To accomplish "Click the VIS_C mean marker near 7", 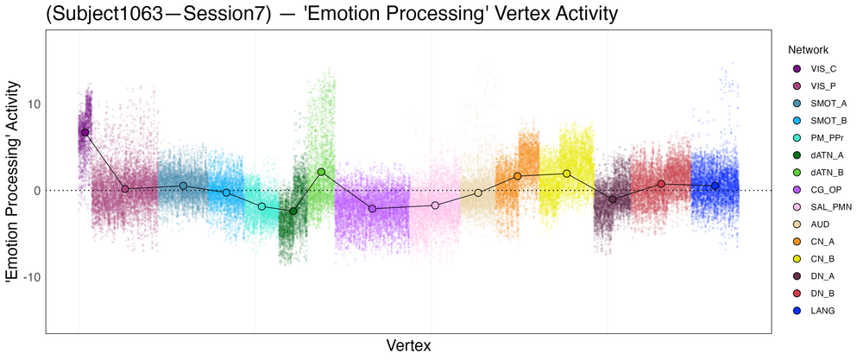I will (85, 132).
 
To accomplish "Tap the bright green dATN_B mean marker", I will (321, 172).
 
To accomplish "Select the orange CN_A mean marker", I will (518, 176).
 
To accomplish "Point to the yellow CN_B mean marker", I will (567, 174).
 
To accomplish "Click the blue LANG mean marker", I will (715, 186).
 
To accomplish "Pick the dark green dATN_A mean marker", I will (293, 211).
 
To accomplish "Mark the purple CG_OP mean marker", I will (372, 209).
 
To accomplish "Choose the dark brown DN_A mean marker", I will (613, 199).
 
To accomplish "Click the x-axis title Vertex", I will (408, 345).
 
